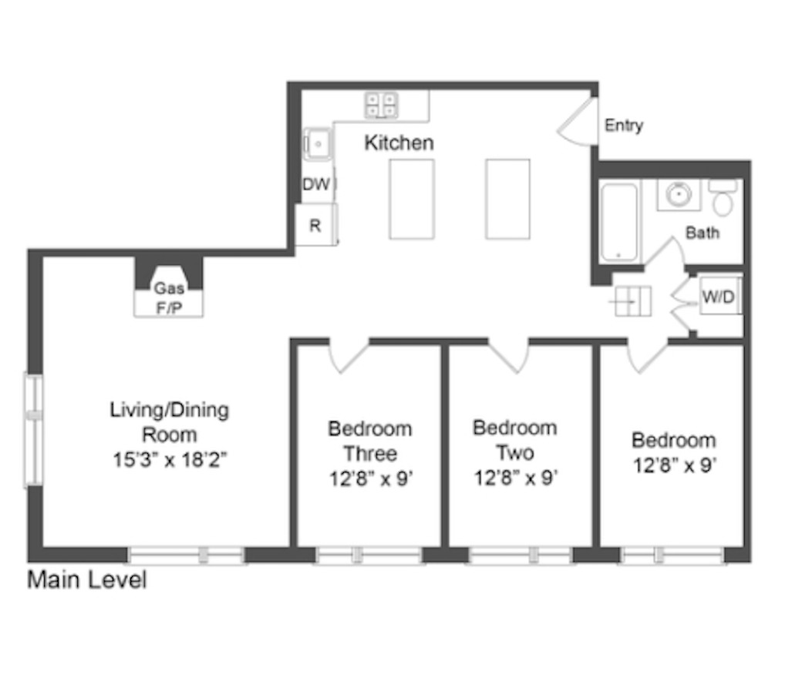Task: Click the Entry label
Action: click(x=623, y=126)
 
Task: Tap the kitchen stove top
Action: click(x=381, y=105)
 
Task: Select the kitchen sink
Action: click(x=317, y=144)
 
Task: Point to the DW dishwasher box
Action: click(x=315, y=185)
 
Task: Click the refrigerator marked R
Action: click(x=315, y=226)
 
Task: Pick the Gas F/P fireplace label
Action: click(x=169, y=296)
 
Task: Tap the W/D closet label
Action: click(x=717, y=297)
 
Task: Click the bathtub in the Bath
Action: click(x=619, y=222)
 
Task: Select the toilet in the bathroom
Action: click(x=723, y=200)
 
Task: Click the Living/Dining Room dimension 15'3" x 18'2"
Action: click(x=170, y=460)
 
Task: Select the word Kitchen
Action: click(x=399, y=143)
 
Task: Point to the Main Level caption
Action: click(x=86, y=579)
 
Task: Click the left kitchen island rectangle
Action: click(x=412, y=199)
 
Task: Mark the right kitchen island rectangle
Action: click(x=507, y=199)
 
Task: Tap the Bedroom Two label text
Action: click(x=515, y=440)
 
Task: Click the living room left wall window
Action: click(x=33, y=428)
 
